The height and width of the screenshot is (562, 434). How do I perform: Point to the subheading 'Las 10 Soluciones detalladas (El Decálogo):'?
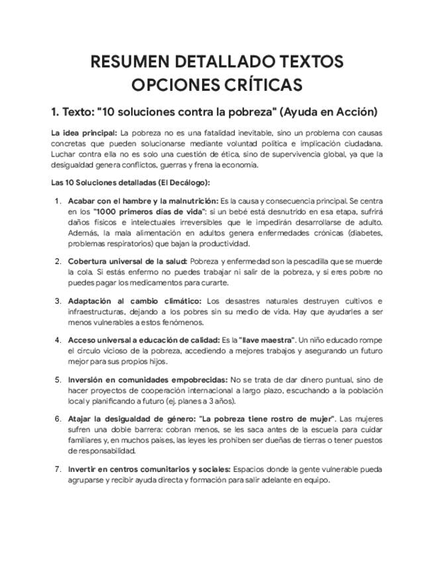pos(131,182)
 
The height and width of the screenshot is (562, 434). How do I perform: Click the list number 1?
pos(58,200)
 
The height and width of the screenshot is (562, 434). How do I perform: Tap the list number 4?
pos(58,340)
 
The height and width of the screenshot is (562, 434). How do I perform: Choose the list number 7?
pos(58,470)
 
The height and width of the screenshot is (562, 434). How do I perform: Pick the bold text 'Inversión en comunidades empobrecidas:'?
pos(147,380)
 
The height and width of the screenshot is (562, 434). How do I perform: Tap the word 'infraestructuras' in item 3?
pos(95,311)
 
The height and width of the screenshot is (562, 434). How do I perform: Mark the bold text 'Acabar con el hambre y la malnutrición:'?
pos(142,200)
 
